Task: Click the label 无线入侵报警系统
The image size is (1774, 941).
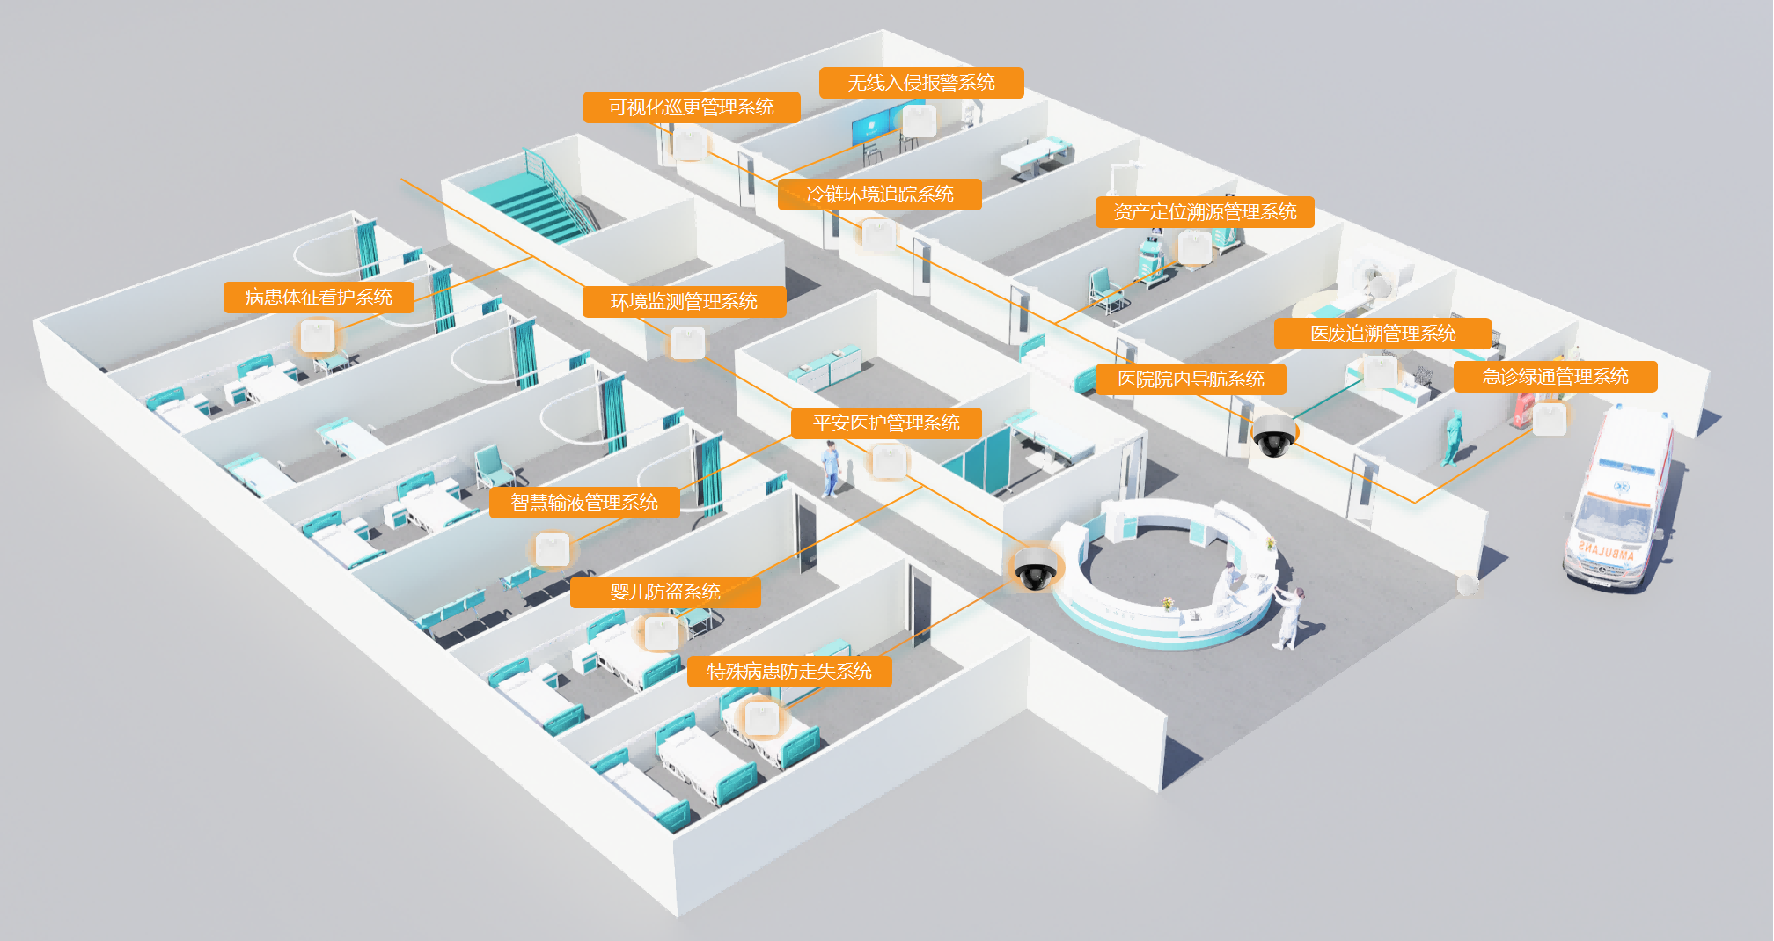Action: (920, 83)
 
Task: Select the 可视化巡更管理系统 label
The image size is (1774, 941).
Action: (691, 107)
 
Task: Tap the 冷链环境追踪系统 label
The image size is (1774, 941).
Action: (879, 195)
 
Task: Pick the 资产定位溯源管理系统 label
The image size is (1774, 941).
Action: (1204, 212)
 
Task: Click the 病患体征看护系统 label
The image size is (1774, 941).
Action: (318, 298)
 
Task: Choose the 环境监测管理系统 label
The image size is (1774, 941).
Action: (684, 302)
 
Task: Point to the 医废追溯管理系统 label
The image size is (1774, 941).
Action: (1382, 334)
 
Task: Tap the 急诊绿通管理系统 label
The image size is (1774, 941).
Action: (1554, 377)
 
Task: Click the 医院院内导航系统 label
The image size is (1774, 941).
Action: (1190, 379)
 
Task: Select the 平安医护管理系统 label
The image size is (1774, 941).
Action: (885, 423)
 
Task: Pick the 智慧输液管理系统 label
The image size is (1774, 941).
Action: (584, 503)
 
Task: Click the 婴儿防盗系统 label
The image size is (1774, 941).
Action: (664, 592)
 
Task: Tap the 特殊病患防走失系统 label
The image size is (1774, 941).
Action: (788, 672)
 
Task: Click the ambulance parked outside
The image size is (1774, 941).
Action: (1619, 502)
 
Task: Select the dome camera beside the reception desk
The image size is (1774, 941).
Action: (1035, 568)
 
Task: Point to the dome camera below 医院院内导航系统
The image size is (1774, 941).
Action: (1273, 436)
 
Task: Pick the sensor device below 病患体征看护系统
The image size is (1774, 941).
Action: (317, 336)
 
